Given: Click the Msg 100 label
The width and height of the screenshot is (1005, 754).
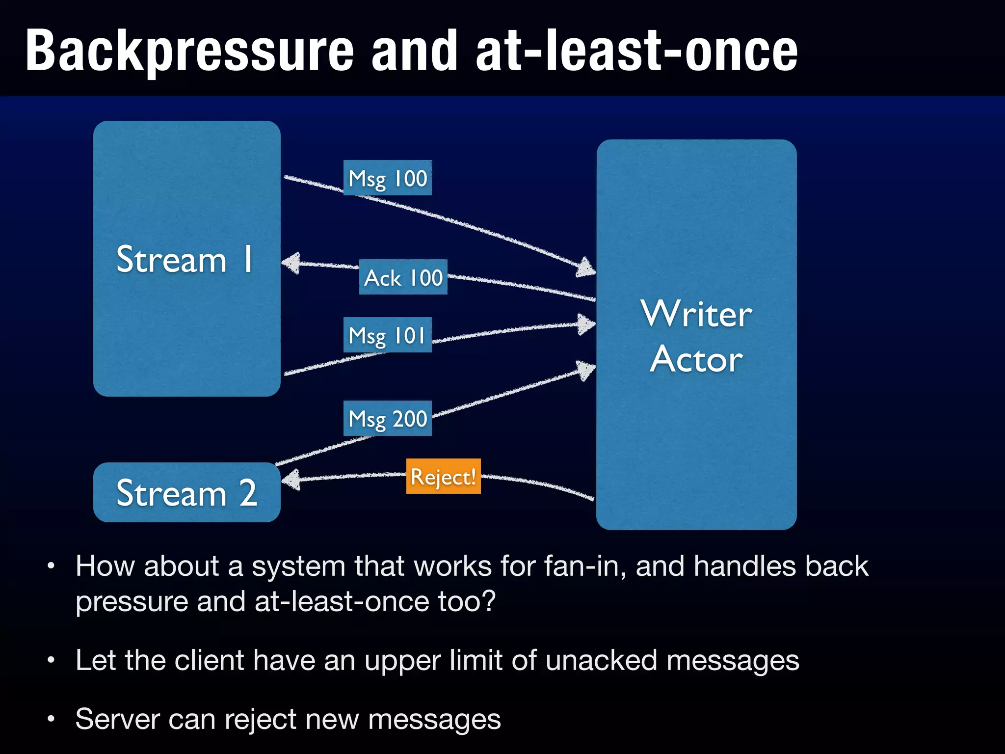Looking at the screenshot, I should (387, 178).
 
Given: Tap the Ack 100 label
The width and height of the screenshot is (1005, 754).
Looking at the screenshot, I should (403, 277).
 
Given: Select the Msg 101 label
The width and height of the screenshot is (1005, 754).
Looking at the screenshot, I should (387, 335).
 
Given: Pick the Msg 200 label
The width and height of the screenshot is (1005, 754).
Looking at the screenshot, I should (387, 419).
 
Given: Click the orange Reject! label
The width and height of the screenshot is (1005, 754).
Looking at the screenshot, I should (443, 477).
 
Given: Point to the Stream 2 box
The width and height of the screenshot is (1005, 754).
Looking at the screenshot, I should (186, 492).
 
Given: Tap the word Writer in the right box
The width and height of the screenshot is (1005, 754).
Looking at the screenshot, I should (696, 314).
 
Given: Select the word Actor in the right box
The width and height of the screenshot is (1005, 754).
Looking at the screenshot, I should (696, 359).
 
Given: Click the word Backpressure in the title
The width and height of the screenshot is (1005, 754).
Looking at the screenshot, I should (189, 51).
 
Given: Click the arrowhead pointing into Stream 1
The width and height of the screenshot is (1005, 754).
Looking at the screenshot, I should (291, 263).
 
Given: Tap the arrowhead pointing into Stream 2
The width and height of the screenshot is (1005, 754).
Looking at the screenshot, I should (291, 480).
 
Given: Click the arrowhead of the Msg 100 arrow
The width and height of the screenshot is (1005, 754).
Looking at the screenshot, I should (586, 268).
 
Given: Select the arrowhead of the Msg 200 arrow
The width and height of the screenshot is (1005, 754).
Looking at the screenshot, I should (586, 370).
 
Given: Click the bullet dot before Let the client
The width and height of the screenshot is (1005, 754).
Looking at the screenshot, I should (51, 661).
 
